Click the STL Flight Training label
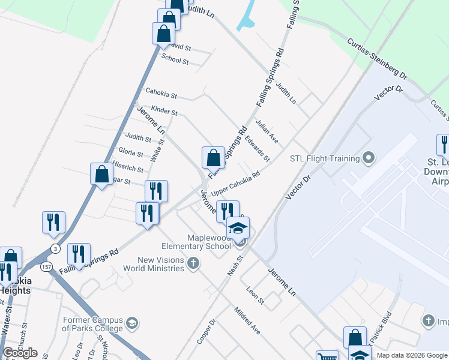tap(324, 159)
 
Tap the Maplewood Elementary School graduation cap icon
tap(238, 228)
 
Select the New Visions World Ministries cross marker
tap(193, 263)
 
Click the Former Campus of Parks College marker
tap(132, 323)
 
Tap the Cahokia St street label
tap(161, 94)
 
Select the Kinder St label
tap(164, 110)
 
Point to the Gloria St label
tap(131, 152)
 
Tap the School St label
tap(175, 59)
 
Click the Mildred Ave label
tap(247, 321)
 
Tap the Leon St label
tap(255, 295)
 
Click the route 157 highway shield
tap(46, 266)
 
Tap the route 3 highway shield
tap(56, 248)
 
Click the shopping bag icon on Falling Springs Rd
tap(213, 159)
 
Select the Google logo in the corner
tap(20, 353)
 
